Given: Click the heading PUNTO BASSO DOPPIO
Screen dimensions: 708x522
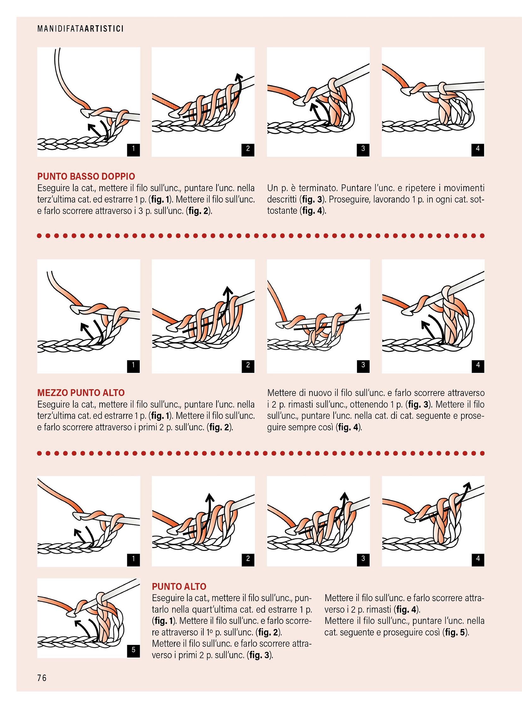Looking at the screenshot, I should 86,176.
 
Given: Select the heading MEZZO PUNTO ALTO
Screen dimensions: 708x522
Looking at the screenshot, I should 81,392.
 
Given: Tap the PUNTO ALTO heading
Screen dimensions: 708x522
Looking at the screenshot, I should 179,586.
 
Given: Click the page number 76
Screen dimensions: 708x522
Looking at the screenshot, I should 42,678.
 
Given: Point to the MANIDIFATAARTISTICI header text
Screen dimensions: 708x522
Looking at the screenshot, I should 80,29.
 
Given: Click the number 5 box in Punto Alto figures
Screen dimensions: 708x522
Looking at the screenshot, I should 133,650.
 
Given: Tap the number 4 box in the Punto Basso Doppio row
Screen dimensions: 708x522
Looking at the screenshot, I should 478,149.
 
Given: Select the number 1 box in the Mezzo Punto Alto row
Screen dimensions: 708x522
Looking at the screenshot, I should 133,365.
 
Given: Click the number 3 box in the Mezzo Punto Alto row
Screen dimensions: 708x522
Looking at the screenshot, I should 363,365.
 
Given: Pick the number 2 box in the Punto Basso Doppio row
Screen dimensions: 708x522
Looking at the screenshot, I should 248,149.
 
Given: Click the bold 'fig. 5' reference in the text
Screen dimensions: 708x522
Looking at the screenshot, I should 455,632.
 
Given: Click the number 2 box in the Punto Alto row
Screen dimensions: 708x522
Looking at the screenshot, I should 248,558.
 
